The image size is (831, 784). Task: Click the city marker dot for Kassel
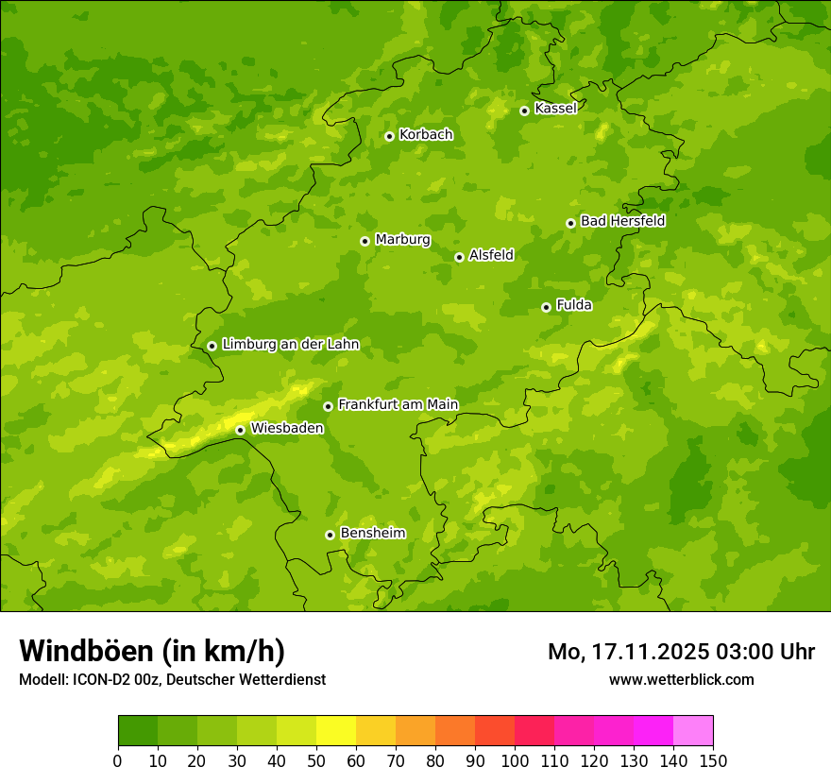[524, 111]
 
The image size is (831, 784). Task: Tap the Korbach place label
[426, 135]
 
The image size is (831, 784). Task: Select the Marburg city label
[402, 240]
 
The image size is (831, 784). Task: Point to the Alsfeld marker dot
[459, 257]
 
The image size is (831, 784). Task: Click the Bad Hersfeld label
[622, 221]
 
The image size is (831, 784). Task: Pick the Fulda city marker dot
[546, 307]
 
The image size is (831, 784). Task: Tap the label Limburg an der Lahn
[290, 345]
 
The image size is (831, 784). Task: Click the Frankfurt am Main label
[398, 405]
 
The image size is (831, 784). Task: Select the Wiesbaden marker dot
[240, 430]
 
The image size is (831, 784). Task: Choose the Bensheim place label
[372, 534]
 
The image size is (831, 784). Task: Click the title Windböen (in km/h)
[152, 651]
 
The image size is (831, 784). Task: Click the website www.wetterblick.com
[681, 679]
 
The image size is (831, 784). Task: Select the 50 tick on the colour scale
[316, 759]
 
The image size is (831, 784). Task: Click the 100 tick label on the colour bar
[515, 759]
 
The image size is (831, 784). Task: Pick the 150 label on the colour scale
[713, 759]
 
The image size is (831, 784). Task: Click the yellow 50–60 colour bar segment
[336, 730]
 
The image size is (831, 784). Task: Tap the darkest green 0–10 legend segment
[138, 730]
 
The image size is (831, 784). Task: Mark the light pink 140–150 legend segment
[693, 730]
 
